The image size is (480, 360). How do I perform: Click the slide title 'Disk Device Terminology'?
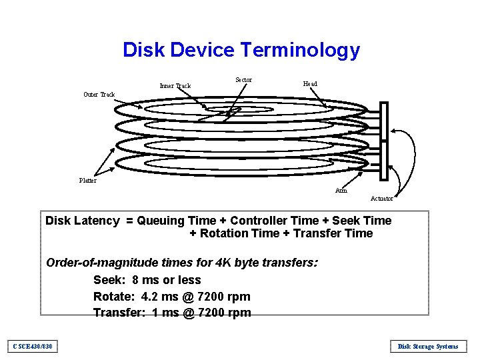click(241, 50)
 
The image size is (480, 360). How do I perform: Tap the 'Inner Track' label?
click(175, 86)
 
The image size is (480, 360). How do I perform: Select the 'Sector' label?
click(243, 80)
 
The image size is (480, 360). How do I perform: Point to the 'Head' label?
click(310, 84)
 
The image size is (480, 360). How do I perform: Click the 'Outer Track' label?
click(99, 95)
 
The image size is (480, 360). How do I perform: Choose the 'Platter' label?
click(87, 181)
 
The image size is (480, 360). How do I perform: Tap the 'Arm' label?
click(341, 191)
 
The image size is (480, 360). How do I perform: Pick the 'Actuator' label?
click(382, 199)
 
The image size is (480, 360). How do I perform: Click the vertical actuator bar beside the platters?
click(383, 141)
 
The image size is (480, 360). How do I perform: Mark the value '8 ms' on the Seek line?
click(145, 280)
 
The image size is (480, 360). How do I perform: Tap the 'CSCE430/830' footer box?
click(33, 346)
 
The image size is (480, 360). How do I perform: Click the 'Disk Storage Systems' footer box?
click(428, 346)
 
